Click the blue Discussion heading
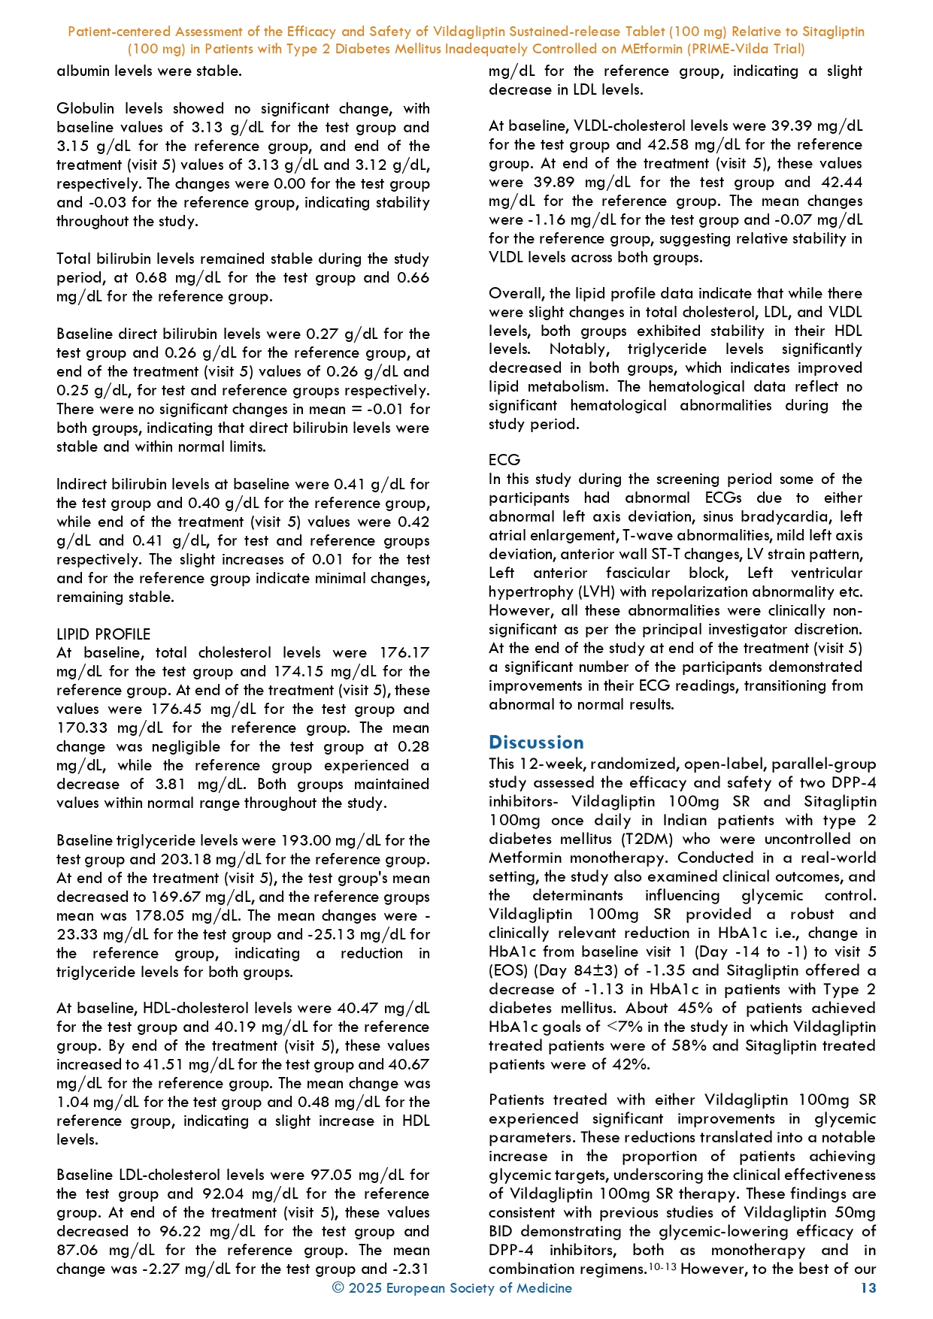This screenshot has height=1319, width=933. [536, 743]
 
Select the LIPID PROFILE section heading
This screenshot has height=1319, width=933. [103, 634]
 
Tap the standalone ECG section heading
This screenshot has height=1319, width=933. [504, 460]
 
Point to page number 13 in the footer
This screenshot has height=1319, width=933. [868, 1288]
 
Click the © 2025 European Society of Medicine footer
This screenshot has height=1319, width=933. [452, 1288]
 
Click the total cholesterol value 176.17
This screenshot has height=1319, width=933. [404, 653]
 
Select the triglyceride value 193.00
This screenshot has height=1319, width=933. [306, 841]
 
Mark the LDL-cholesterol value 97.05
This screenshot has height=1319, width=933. [378, 1175]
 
